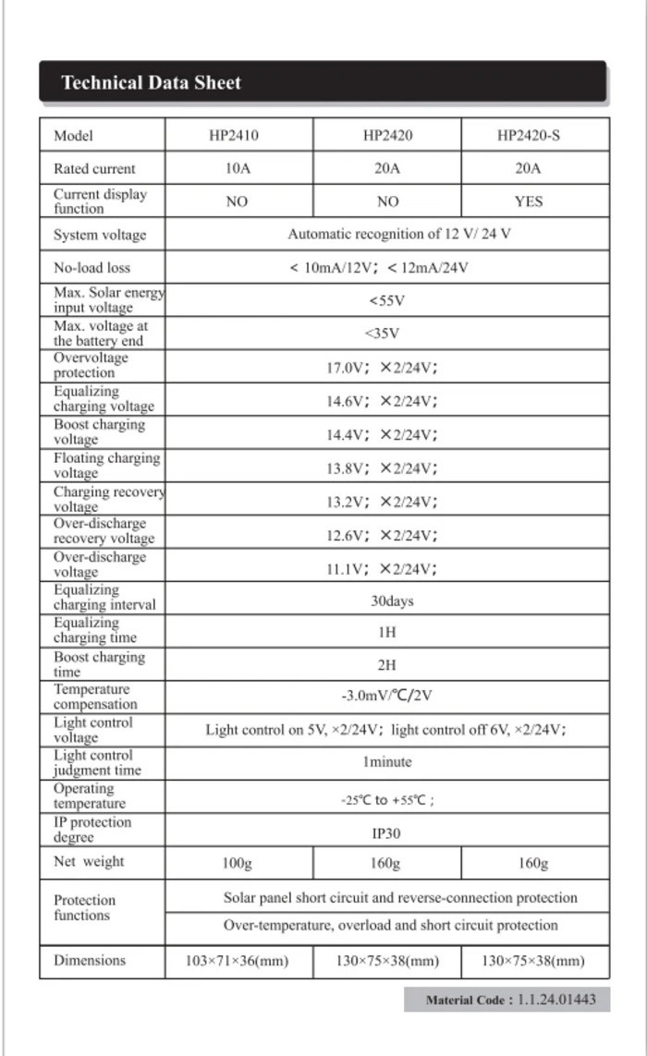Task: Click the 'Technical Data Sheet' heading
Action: pyautogui.click(x=151, y=82)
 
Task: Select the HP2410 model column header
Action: pyautogui.click(x=234, y=136)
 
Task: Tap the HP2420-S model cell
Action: pyautogui.click(x=529, y=136)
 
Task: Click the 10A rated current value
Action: pyautogui.click(x=238, y=168)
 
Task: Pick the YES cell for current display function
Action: pyautogui.click(x=529, y=201)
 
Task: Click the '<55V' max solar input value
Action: pyautogui.click(x=386, y=300)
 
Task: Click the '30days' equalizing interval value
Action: pyautogui.click(x=392, y=601)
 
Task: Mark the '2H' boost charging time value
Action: pyautogui.click(x=386, y=664)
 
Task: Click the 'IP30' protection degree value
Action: pyautogui.click(x=386, y=832)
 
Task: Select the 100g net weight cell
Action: pyautogui.click(x=238, y=864)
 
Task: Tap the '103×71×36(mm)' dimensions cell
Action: pyautogui.click(x=238, y=961)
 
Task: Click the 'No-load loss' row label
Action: pyautogui.click(x=92, y=268)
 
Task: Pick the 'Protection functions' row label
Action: pyautogui.click(x=84, y=907)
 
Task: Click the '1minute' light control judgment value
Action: pyautogui.click(x=387, y=762)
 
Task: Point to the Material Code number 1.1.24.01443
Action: pyautogui.click(x=556, y=1000)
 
